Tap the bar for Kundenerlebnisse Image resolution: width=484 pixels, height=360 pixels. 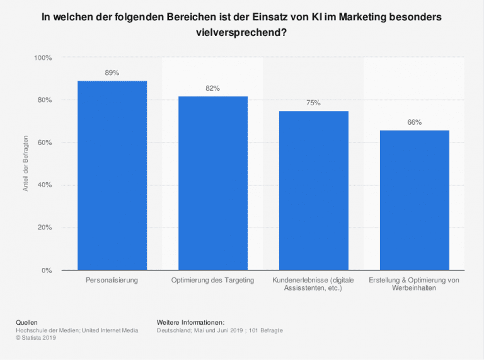[313, 190]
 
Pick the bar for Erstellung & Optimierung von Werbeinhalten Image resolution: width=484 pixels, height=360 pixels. [414, 200]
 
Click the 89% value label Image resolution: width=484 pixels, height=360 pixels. [112, 73]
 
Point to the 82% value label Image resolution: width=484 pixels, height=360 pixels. [213, 88]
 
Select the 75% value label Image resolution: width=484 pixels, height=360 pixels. [313, 103]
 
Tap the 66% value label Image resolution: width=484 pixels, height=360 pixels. [414, 122]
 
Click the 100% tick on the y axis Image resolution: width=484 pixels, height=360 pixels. [43, 58]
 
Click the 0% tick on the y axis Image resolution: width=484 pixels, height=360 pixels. [47, 270]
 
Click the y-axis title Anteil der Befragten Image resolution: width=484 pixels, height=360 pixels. [26, 164]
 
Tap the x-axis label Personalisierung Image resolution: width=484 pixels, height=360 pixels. [112, 279]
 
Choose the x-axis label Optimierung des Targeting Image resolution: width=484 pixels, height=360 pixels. [213, 279]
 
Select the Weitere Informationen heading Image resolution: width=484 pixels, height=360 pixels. [190, 322]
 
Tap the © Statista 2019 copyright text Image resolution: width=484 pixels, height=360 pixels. [37, 337]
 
